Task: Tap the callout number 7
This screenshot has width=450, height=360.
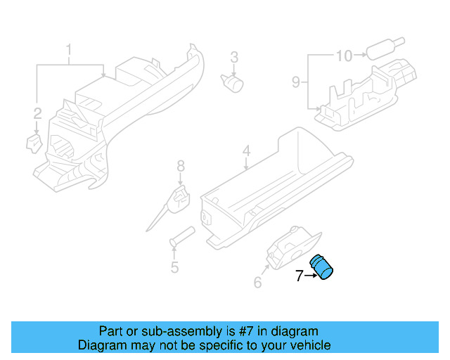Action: [x=299, y=276]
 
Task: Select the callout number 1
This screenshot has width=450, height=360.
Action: [x=69, y=50]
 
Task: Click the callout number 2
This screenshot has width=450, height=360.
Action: [x=37, y=112]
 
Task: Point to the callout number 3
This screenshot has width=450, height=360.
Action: [x=234, y=57]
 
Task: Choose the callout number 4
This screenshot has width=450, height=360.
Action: [x=246, y=151]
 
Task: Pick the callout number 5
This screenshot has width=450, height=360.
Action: [x=174, y=267]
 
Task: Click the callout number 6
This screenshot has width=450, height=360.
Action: [x=257, y=283]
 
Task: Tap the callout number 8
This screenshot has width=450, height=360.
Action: [x=181, y=167]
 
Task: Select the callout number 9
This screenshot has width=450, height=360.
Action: [x=296, y=82]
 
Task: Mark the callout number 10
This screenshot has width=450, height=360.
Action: [x=343, y=55]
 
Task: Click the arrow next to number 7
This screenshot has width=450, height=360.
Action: [x=310, y=276]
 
